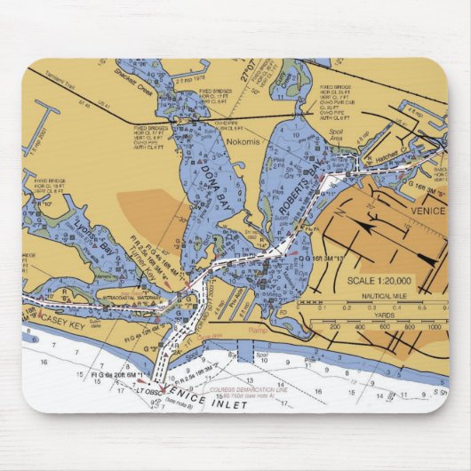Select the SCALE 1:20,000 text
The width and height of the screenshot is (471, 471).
pos(380,281)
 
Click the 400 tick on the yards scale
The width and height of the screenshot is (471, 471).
pos(358,326)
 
